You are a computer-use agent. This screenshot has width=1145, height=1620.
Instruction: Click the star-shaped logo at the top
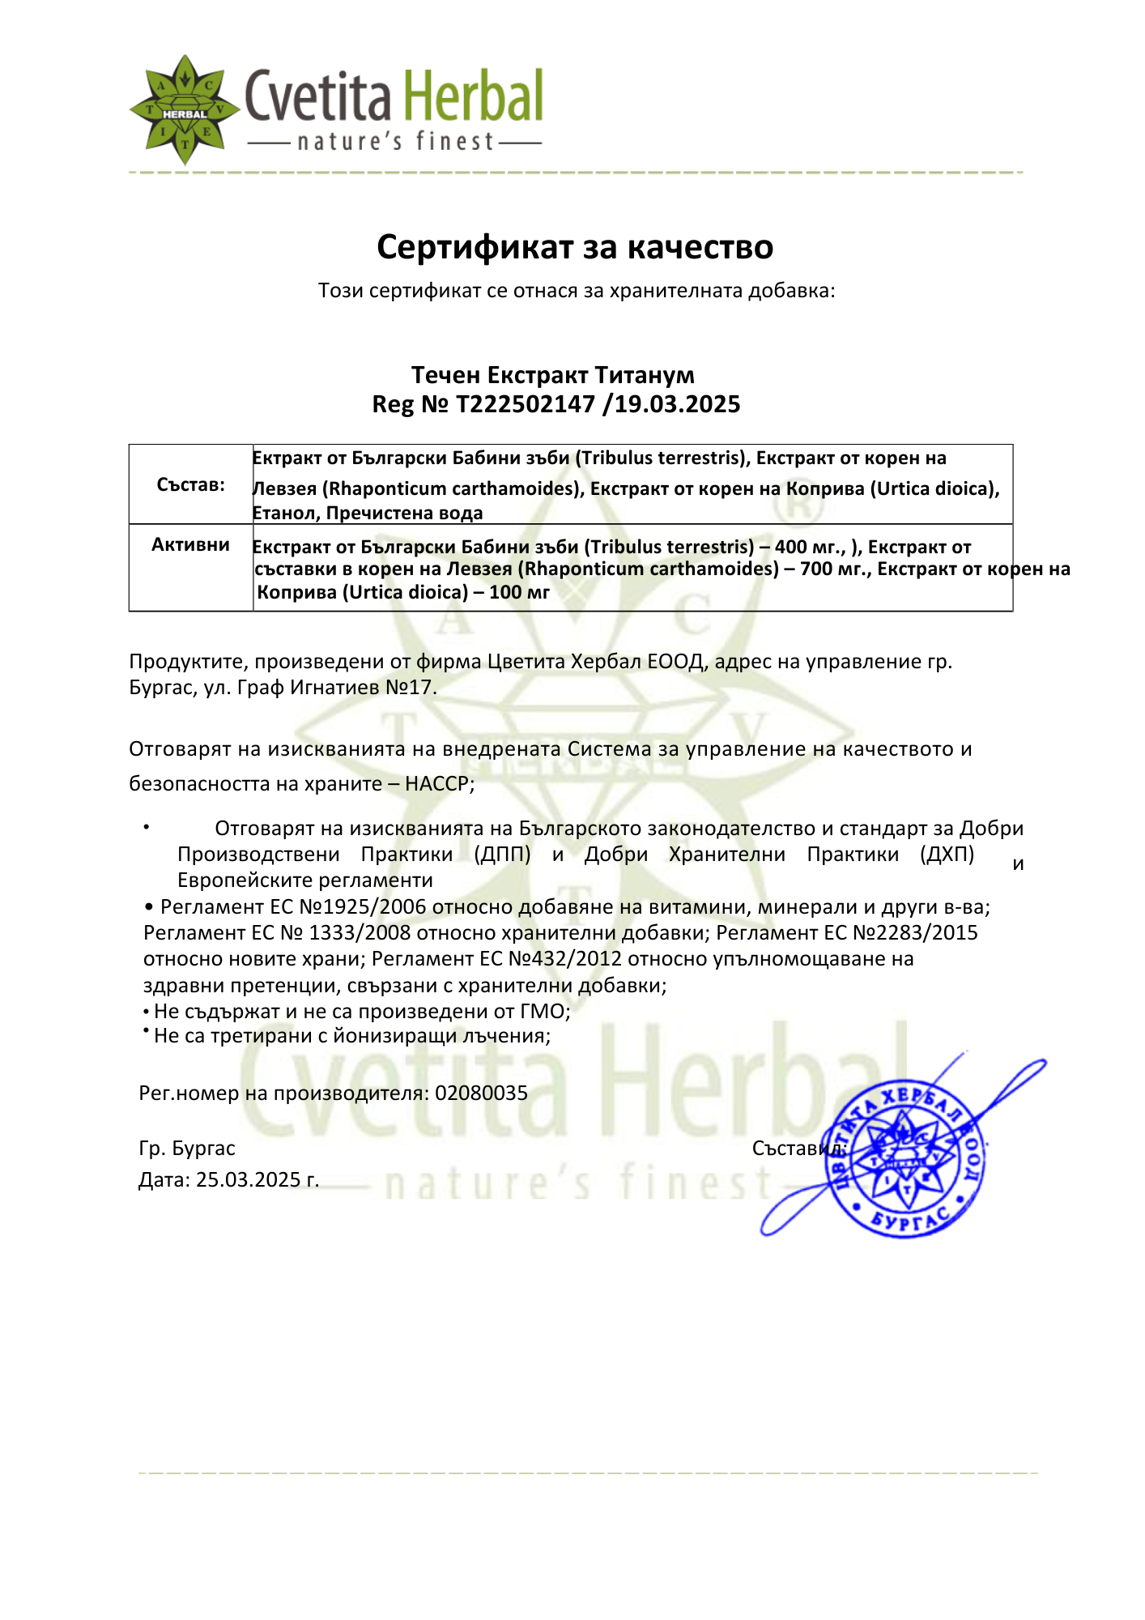point(185,110)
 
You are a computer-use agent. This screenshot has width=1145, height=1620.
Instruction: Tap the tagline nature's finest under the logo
point(395,143)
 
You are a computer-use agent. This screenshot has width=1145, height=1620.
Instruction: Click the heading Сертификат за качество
point(575,247)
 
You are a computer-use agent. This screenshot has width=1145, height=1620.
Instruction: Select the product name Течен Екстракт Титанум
point(553,375)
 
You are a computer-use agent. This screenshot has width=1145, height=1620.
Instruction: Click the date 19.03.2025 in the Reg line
point(677,403)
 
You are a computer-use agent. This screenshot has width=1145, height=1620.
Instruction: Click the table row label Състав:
point(191,485)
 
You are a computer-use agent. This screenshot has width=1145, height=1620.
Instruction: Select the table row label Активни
point(191,544)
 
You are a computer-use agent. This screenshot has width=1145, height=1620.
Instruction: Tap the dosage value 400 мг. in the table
point(810,548)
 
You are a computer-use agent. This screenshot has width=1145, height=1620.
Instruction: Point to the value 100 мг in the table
point(519,592)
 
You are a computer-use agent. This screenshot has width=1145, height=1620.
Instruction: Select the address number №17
point(411,688)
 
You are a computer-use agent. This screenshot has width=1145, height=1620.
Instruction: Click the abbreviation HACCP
point(436,783)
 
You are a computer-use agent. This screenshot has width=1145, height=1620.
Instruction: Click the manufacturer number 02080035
point(481,1093)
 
